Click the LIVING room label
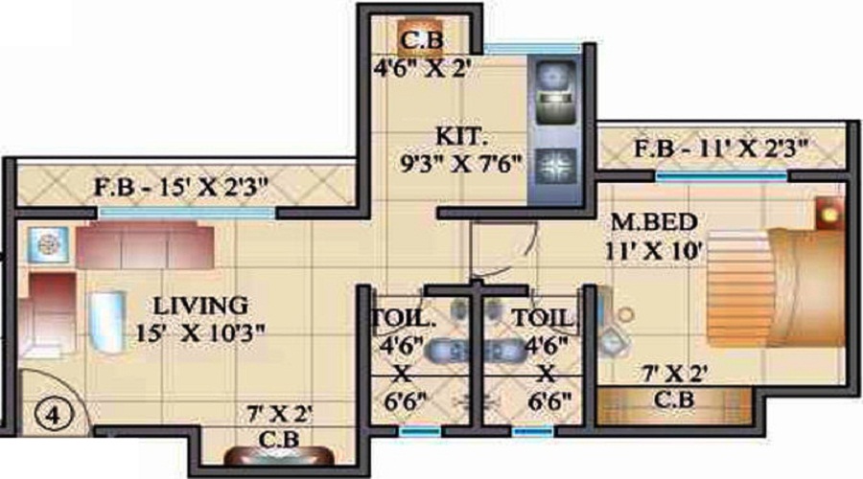tap(201, 307)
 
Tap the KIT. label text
tap(453, 133)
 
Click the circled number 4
tap(44, 417)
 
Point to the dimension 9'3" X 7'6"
tap(459, 162)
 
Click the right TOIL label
tap(544, 318)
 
